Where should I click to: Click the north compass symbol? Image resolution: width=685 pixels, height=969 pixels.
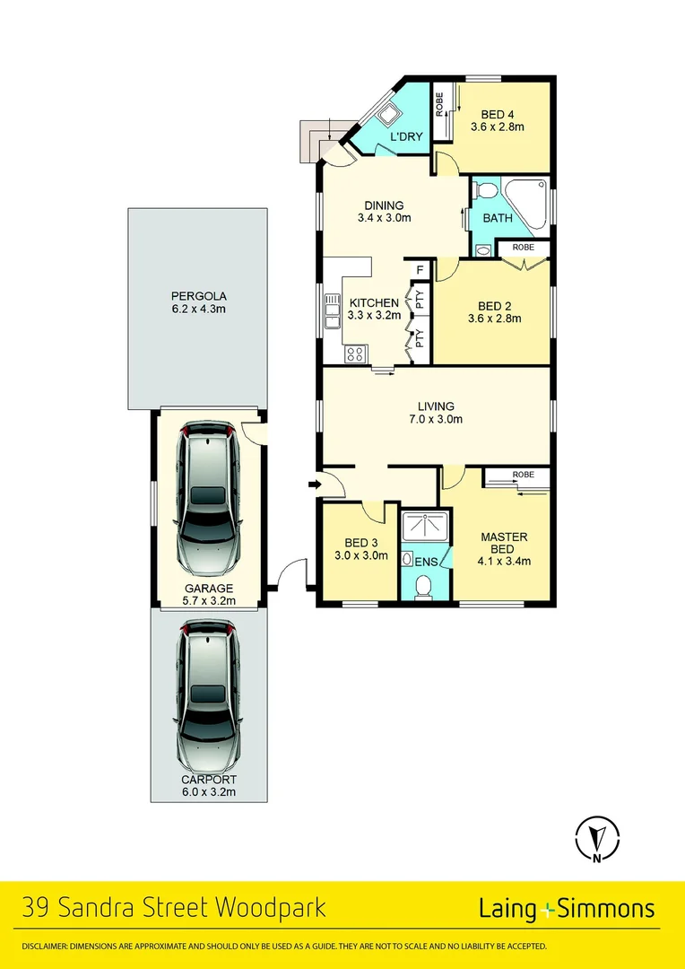point(597,840)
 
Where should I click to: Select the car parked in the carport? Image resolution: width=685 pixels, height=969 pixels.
point(208,694)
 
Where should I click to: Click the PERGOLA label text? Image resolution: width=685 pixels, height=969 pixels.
point(198,295)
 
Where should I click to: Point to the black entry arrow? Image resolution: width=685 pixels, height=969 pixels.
point(313,485)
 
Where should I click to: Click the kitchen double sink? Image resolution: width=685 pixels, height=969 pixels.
point(332,310)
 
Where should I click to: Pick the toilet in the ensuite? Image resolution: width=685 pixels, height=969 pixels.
point(426,583)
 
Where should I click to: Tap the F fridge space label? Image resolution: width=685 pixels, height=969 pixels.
point(419,268)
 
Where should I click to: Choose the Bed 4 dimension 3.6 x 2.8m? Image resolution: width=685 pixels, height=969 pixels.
point(497,127)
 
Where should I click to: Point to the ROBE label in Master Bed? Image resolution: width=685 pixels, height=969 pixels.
point(524,474)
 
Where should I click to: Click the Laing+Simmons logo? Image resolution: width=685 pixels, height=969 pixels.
point(567,909)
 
